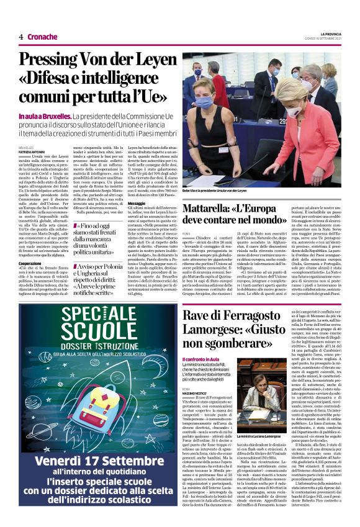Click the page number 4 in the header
coord(20,37)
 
